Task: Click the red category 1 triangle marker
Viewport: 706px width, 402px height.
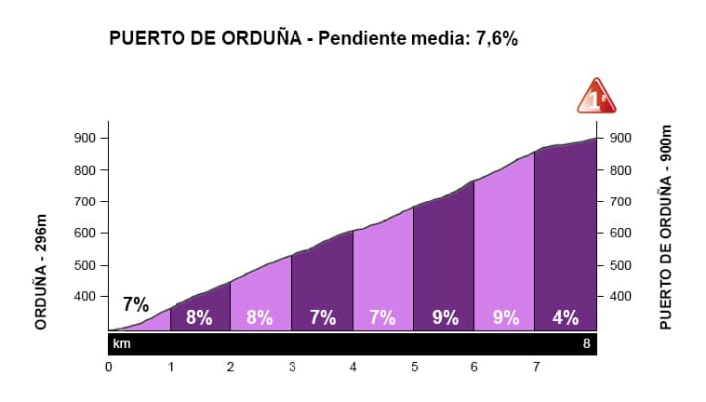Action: pos(596,96)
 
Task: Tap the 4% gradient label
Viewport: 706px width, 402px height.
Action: pos(566,318)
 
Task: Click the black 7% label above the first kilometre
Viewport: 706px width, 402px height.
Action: pos(136,304)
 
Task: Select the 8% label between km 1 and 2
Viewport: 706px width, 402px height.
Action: pos(200,318)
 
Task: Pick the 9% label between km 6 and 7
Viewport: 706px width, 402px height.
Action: pos(505,318)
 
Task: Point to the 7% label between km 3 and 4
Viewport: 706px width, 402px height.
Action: pos(321,318)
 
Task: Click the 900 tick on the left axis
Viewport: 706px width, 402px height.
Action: pos(87,138)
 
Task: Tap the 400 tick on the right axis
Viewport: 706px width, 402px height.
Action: pos(619,297)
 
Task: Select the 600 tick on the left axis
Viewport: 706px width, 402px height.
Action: pos(87,233)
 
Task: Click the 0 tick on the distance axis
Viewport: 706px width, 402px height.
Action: pos(109,367)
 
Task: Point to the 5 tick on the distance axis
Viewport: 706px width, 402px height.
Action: pos(414,367)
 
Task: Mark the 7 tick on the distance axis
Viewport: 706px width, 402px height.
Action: pos(536,367)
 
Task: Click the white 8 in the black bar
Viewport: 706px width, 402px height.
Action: pos(587,344)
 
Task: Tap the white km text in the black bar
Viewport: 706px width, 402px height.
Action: pos(121,344)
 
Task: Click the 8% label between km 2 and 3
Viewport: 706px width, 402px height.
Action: pos(261,318)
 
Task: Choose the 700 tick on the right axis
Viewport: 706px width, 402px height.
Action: pos(619,201)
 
